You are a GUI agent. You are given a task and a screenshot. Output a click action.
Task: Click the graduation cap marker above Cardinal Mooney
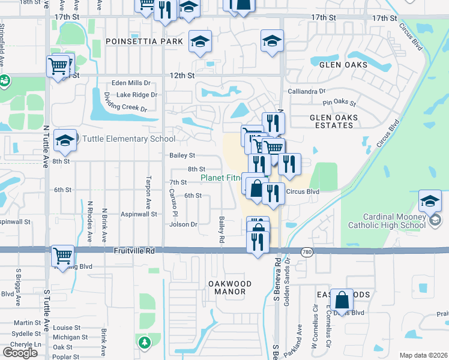click(x=430, y=200)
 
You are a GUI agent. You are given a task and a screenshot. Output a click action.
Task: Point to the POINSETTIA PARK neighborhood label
click(x=143, y=41)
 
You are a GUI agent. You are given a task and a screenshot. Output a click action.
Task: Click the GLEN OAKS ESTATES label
click(x=334, y=121)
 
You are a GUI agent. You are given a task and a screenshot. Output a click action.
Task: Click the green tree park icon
click(x=144, y=343)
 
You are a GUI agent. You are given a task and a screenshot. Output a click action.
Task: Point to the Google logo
click(x=20, y=353)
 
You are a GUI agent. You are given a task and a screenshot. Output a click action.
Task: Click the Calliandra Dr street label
click(x=306, y=91)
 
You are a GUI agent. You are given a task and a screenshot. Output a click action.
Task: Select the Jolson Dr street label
click(x=184, y=224)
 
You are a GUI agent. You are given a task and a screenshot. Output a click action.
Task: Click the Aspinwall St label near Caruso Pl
click(x=139, y=214)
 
